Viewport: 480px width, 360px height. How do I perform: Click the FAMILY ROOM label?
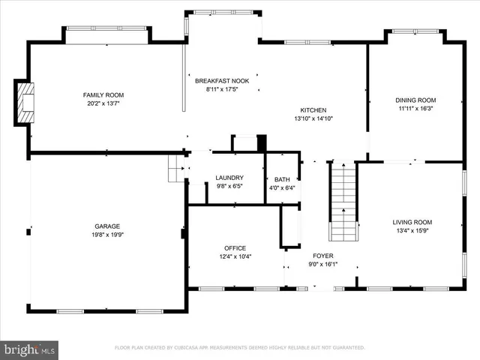coord(103,95)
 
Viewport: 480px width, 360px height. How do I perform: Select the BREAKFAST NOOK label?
coord(222,80)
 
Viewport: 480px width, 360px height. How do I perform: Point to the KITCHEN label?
coord(313,109)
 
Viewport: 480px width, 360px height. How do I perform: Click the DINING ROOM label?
coord(415,100)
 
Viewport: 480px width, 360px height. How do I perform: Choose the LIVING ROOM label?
coord(412,222)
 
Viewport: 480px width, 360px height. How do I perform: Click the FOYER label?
coord(323,256)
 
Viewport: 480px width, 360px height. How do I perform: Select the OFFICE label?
coord(235,248)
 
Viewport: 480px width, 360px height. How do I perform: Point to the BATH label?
coord(282,180)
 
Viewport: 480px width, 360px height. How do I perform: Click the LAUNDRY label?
coord(229,178)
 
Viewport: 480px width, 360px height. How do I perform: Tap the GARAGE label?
coord(107,226)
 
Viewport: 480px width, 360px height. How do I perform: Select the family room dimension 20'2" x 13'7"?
coord(103,103)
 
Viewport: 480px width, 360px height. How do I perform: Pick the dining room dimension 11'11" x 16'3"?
coord(415,108)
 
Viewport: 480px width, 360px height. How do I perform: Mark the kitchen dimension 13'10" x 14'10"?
coord(313,118)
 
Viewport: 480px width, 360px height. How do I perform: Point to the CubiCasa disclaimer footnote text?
coord(239,348)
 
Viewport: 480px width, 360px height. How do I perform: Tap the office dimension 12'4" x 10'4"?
coord(235,256)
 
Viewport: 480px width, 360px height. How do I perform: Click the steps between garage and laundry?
coord(176,169)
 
